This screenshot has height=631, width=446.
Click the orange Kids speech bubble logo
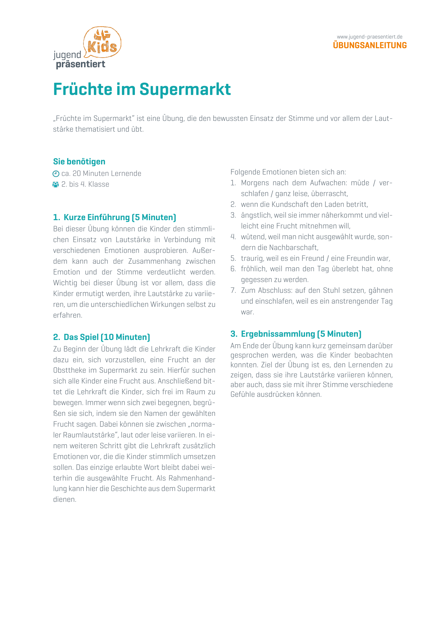[103, 42]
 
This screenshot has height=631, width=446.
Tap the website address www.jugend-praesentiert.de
[369, 37]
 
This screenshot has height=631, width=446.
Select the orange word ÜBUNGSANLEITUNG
[370, 45]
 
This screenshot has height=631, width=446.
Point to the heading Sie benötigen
[79, 162]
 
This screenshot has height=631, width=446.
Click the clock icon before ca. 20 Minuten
[56, 174]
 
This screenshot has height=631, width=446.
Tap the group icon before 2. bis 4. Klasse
[56, 185]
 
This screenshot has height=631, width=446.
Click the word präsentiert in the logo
[81, 64]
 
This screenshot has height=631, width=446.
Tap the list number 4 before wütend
[233, 237]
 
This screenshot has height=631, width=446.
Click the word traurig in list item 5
[252, 258]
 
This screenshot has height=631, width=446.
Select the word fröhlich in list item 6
[253, 269]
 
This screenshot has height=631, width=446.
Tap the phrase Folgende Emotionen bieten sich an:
[288, 172]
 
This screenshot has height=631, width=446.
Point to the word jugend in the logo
[67, 55]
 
